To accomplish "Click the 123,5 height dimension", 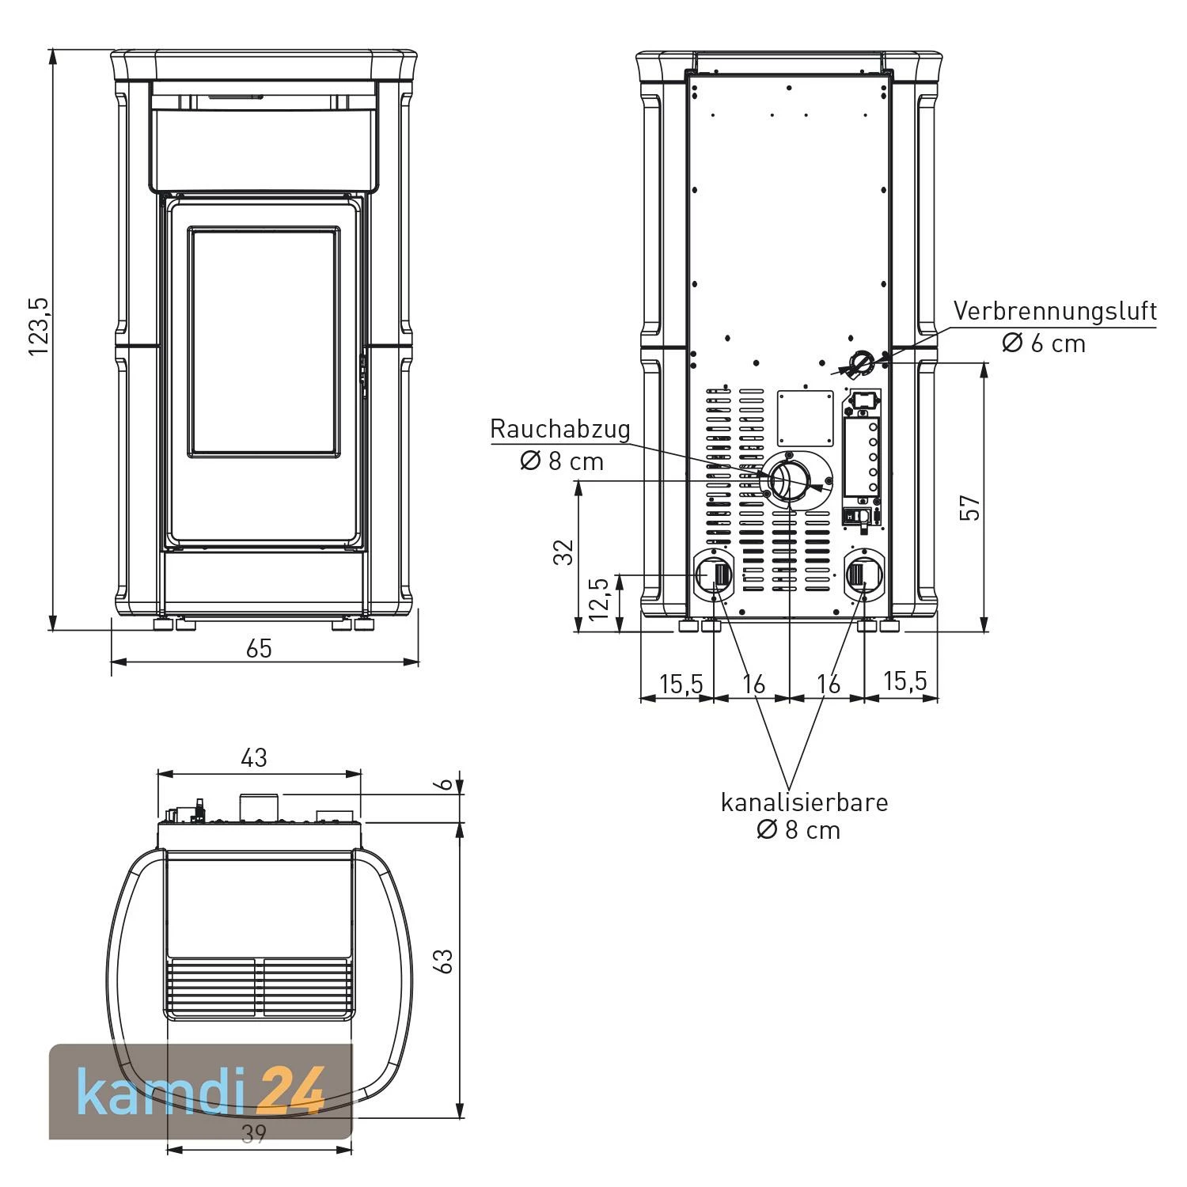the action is [40, 326].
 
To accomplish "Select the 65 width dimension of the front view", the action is [259, 648].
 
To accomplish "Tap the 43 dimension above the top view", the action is [254, 757].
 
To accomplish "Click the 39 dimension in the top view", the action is [253, 1133].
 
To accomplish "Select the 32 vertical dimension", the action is [563, 552].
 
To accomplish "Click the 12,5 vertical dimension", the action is [600, 598].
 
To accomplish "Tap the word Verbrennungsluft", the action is [1055, 310].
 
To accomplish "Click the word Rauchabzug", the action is [560, 429].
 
